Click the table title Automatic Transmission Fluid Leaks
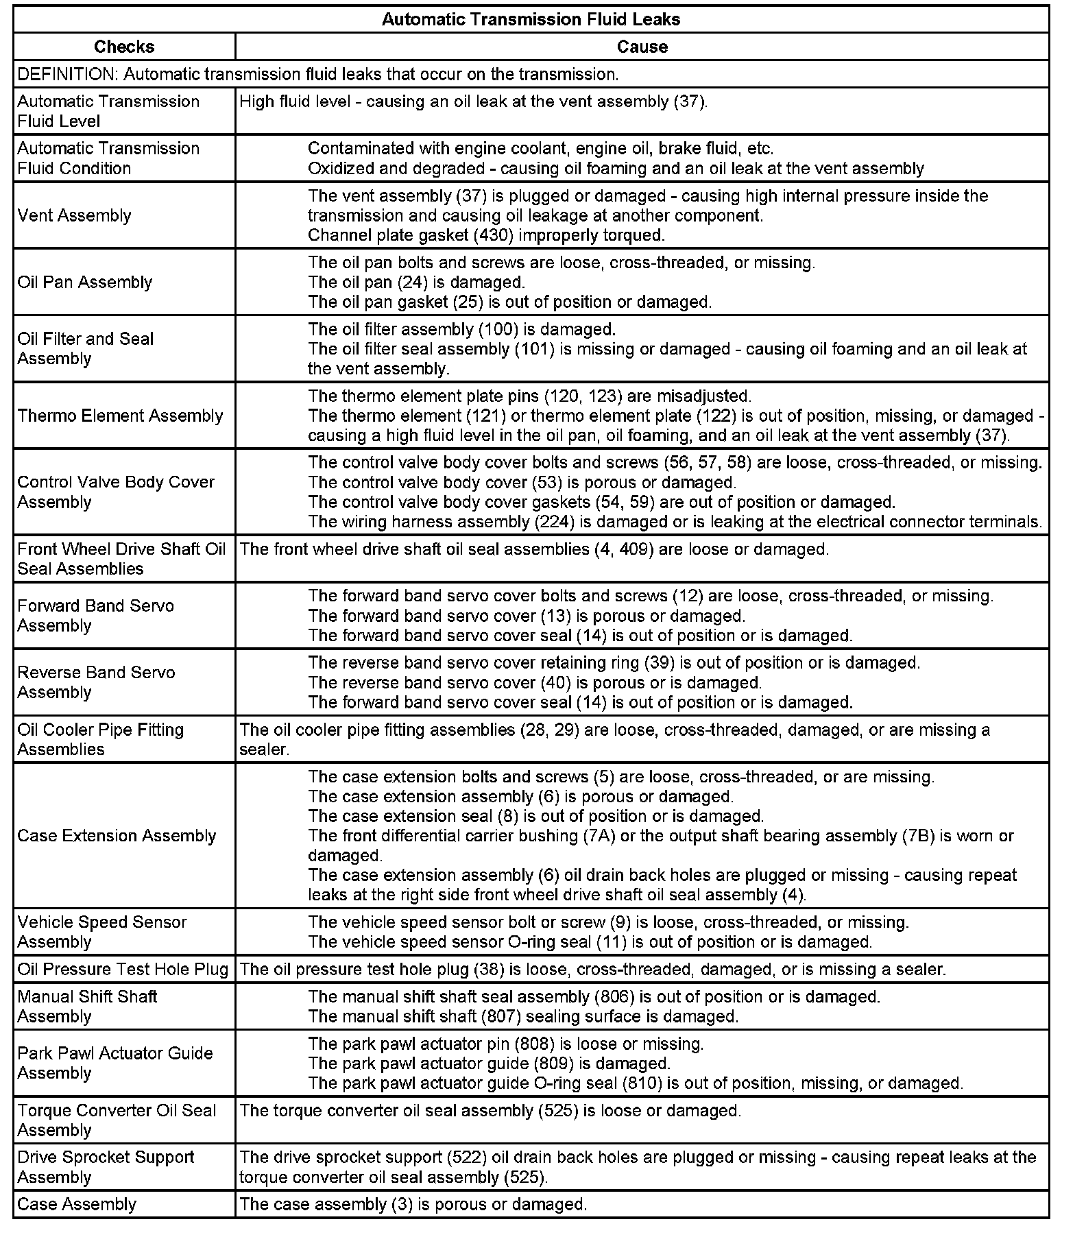pyautogui.click(x=531, y=19)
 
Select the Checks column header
pyautogui.click(x=124, y=47)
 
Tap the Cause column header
pyautogui.click(x=642, y=47)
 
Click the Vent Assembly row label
pyautogui.click(x=74, y=215)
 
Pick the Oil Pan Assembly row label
pyautogui.click(x=85, y=282)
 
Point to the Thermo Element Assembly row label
pyautogui.click(x=120, y=416)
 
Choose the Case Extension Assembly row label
pyautogui.click(x=117, y=835)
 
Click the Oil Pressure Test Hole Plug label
pyautogui.click(x=123, y=969)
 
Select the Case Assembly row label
pyautogui.click(x=77, y=1204)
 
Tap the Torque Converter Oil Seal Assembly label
pyautogui.click(x=117, y=1120)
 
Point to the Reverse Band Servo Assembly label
pyautogui.click(x=96, y=682)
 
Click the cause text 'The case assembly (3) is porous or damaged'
pyautogui.click(x=413, y=1204)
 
